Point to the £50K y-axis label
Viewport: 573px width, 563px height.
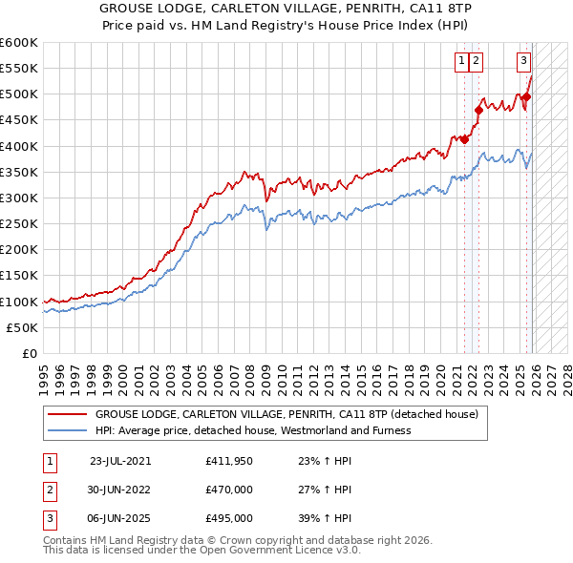coord(21,327)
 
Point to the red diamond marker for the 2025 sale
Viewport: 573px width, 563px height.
coord(526,96)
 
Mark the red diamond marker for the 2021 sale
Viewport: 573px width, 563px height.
coord(465,139)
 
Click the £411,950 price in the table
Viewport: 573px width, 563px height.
coord(229,461)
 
